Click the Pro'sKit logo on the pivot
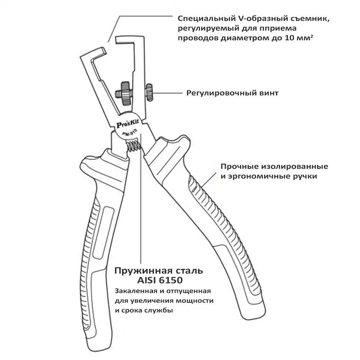pos(127,124)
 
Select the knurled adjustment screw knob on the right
pos(149,93)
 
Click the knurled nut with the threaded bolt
pos(124,93)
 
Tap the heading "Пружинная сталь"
pos(159,271)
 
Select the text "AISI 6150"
pos(160,280)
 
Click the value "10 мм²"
pos(299,38)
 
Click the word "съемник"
pos(310,18)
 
